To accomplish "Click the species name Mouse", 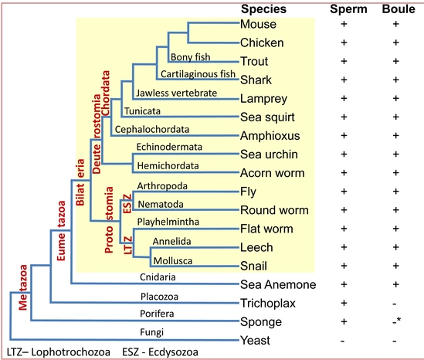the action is (x=258, y=24).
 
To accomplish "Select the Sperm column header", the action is (x=348, y=9).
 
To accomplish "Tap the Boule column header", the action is (x=399, y=9).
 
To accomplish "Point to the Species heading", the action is (x=263, y=9).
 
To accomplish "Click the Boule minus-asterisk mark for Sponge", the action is (x=397, y=321).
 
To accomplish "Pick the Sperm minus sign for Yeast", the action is (x=343, y=341).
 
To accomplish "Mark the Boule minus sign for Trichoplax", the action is (x=395, y=304).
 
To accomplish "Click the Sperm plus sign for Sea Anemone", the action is (x=344, y=284).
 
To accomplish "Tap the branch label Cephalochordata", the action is (x=152, y=129).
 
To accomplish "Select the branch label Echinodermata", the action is (x=169, y=147).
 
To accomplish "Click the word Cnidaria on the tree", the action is (x=158, y=277).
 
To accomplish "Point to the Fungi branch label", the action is (x=151, y=332).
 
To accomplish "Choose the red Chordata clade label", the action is (x=106, y=93).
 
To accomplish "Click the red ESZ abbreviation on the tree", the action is (x=127, y=204).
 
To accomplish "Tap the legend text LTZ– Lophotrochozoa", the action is (x=59, y=352).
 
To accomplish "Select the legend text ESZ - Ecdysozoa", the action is (x=160, y=352).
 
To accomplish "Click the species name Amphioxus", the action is (x=270, y=135).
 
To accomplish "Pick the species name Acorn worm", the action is (x=273, y=173).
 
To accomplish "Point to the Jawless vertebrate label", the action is (x=177, y=93).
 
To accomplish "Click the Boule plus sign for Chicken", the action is (x=396, y=42).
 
